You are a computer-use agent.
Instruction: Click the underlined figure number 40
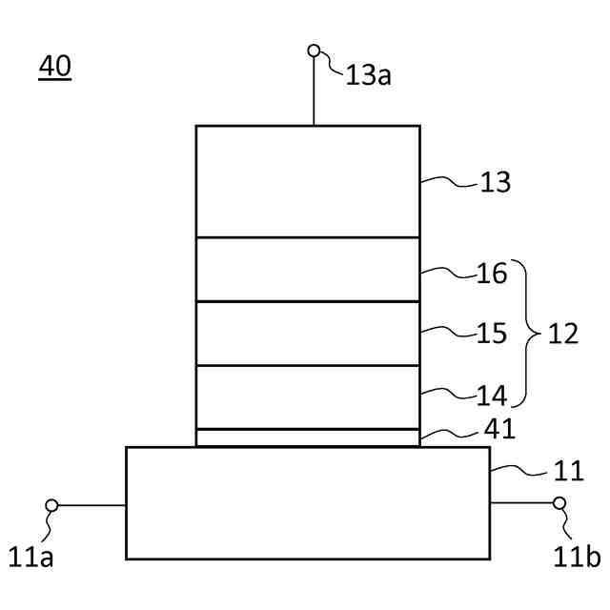pos(54,68)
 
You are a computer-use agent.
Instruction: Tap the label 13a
pos(368,75)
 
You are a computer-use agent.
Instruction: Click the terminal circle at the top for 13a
pos(314,51)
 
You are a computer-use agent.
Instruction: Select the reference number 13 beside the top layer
pos(496,182)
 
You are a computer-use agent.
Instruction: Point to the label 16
pos(493,275)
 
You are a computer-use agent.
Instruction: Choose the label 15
pos(493,335)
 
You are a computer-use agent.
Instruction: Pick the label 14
pos(493,395)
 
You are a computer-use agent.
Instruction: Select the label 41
pos(499,430)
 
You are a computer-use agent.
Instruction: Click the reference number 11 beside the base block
pos(568,472)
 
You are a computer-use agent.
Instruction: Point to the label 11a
pos(31,556)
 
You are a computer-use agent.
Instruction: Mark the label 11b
pos(577,556)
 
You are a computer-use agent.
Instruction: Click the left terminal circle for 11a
pos(51,505)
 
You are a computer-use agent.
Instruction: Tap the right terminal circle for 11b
pos(559,503)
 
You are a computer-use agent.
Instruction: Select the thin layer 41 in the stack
pos(307,437)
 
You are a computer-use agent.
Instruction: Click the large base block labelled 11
pos(307,502)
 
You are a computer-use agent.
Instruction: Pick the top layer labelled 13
pos(307,181)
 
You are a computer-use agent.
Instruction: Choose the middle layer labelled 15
pos(307,334)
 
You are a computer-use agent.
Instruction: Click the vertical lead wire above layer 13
pos(314,91)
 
